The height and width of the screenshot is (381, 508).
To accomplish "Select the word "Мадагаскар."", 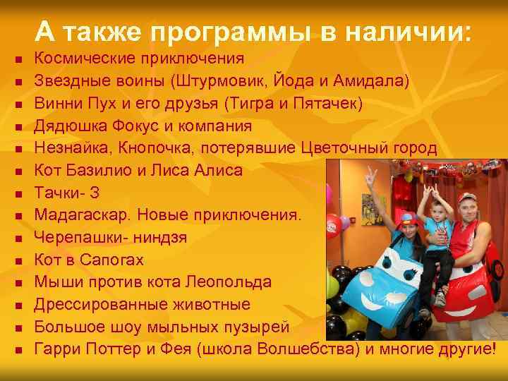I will [80, 215].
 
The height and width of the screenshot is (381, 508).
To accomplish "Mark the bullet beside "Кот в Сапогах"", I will [19, 260].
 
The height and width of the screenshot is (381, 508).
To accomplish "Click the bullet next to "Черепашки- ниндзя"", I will [19, 238].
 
